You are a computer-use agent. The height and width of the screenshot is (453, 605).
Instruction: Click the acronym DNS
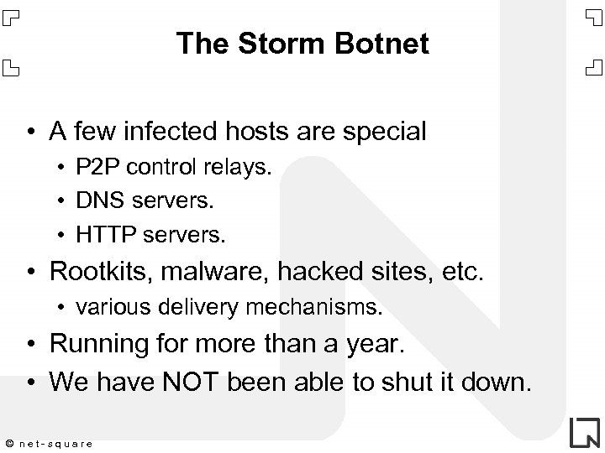pos(95,201)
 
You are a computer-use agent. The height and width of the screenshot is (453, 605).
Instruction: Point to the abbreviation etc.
pos(465,272)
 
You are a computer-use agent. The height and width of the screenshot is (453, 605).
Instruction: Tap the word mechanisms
pos(318,307)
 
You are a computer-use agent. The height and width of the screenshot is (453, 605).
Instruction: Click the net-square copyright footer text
pos(50,442)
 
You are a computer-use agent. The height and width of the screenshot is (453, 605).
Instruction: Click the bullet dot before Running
pos(30,345)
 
